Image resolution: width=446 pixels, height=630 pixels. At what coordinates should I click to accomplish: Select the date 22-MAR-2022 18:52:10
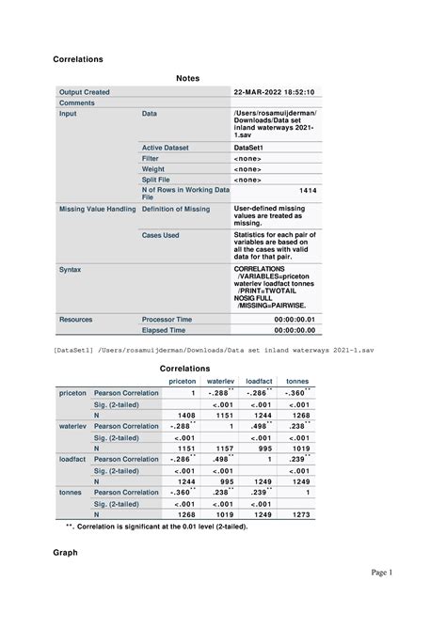click(274, 92)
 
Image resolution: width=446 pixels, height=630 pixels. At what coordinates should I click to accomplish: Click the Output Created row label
click(85, 92)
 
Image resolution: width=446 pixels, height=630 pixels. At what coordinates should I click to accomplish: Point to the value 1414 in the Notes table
click(308, 190)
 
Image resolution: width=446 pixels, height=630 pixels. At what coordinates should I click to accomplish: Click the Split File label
click(159, 179)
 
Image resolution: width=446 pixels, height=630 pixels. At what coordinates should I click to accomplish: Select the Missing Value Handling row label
click(97, 209)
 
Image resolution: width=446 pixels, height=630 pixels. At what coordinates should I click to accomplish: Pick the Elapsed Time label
click(164, 331)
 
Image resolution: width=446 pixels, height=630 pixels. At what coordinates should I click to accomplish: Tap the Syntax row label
click(70, 269)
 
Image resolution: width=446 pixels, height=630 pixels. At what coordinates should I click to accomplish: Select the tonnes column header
click(297, 381)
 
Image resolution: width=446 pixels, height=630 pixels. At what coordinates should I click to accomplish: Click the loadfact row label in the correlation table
click(72, 459)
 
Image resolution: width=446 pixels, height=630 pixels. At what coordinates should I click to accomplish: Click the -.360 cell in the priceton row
click(295, 392)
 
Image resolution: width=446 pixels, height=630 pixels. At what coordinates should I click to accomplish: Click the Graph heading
click(68, 553)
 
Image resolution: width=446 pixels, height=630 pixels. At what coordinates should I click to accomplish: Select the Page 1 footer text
click(380, 598)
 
